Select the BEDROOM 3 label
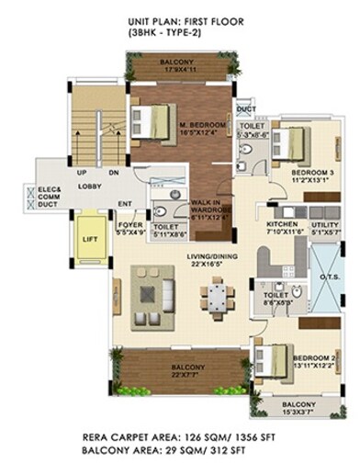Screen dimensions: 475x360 pyautogui.click(x=300, y=172)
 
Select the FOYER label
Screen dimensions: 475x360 pyautogui.click(x=129, y=225)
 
